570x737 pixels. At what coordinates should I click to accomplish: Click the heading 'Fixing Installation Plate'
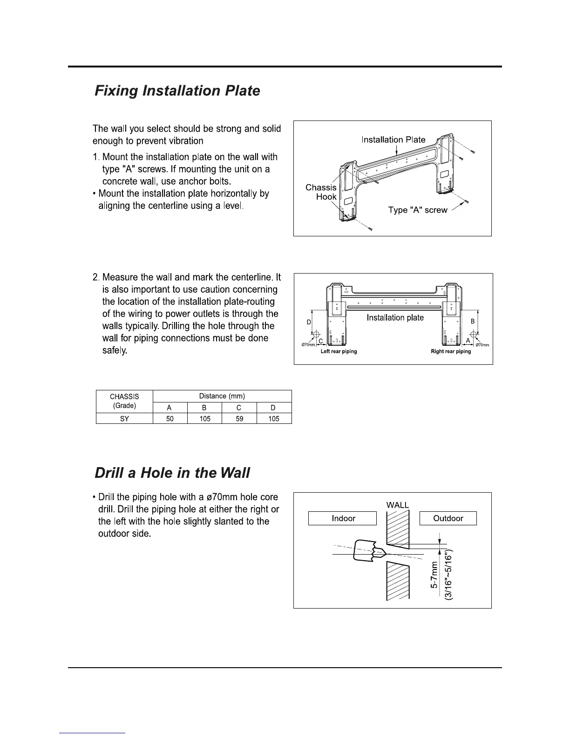(177, 90)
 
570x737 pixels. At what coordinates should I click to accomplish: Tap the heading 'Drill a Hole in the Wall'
(172, 473)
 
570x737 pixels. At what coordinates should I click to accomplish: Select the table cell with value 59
(239, 419)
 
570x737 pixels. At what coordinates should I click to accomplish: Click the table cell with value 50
(170, 419)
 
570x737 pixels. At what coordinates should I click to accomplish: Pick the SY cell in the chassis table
(124, 419)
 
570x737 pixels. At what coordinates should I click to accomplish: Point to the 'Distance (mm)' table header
(222, 396)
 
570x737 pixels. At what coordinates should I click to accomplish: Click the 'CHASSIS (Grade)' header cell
(124, 401)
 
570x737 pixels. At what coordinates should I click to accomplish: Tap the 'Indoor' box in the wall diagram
(343, 518)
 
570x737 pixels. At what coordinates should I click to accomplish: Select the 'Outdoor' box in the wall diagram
(448, 518)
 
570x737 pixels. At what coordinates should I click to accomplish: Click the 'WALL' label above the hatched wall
(398, 505)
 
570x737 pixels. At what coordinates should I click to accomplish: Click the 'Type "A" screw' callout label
(418, 210)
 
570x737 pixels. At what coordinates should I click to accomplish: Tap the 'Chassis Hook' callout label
(321, 192)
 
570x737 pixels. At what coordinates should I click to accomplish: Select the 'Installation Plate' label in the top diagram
(394, 140)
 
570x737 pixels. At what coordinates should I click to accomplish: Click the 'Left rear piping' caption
(339, 352)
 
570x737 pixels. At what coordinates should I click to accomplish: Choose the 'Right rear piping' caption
(451, 352)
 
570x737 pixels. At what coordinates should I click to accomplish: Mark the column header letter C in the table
(239, 408)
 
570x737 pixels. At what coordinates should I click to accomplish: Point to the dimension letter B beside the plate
(472, 322)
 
